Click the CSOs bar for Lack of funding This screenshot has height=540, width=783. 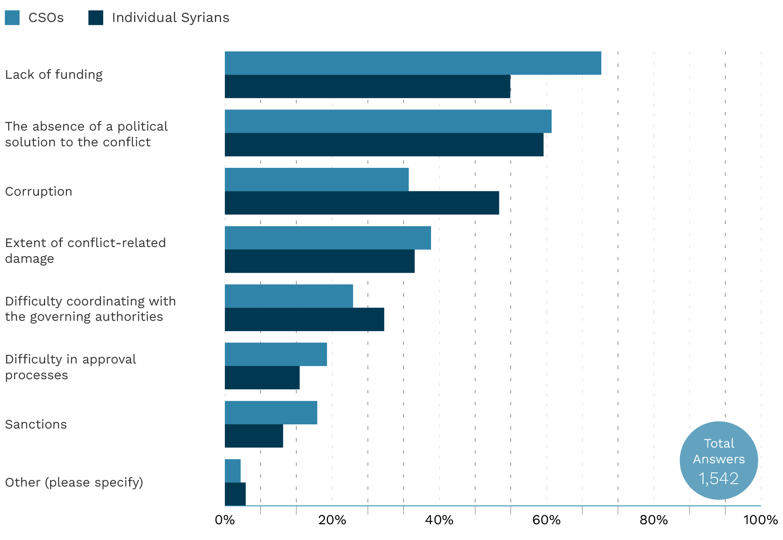(x=413, y=63)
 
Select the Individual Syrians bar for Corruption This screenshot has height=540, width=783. (x=362, y=203)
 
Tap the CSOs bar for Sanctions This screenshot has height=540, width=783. (x=271, y=412)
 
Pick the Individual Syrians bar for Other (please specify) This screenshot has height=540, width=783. (x=235, y=494)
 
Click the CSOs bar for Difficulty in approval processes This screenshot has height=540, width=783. (x=276, y=354)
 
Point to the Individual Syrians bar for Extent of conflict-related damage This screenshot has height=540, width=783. (x=320, y=261)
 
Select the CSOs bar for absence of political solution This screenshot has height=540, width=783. (x=388, y=121)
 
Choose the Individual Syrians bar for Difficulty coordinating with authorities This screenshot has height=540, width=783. (x=304, y=320)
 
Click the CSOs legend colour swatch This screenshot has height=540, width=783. (x=12, y=18)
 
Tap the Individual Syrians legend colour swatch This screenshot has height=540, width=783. (x=96, y=18)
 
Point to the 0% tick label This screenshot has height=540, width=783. (x=225, y=520)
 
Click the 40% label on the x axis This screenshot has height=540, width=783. (x=439, y=520)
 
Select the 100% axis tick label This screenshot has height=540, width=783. (x=761, y=520)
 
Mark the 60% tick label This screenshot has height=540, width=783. (x=547, y=520)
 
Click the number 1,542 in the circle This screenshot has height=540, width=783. (x=718, y=479)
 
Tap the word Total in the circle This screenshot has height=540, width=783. (x=719, y=443)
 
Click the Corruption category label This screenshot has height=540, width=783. (x=39, y=191)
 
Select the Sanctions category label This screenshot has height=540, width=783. (x=36, y=424)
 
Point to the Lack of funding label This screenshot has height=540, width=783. (x=54, y=75)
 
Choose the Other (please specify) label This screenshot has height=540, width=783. (x=74, y=482)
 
